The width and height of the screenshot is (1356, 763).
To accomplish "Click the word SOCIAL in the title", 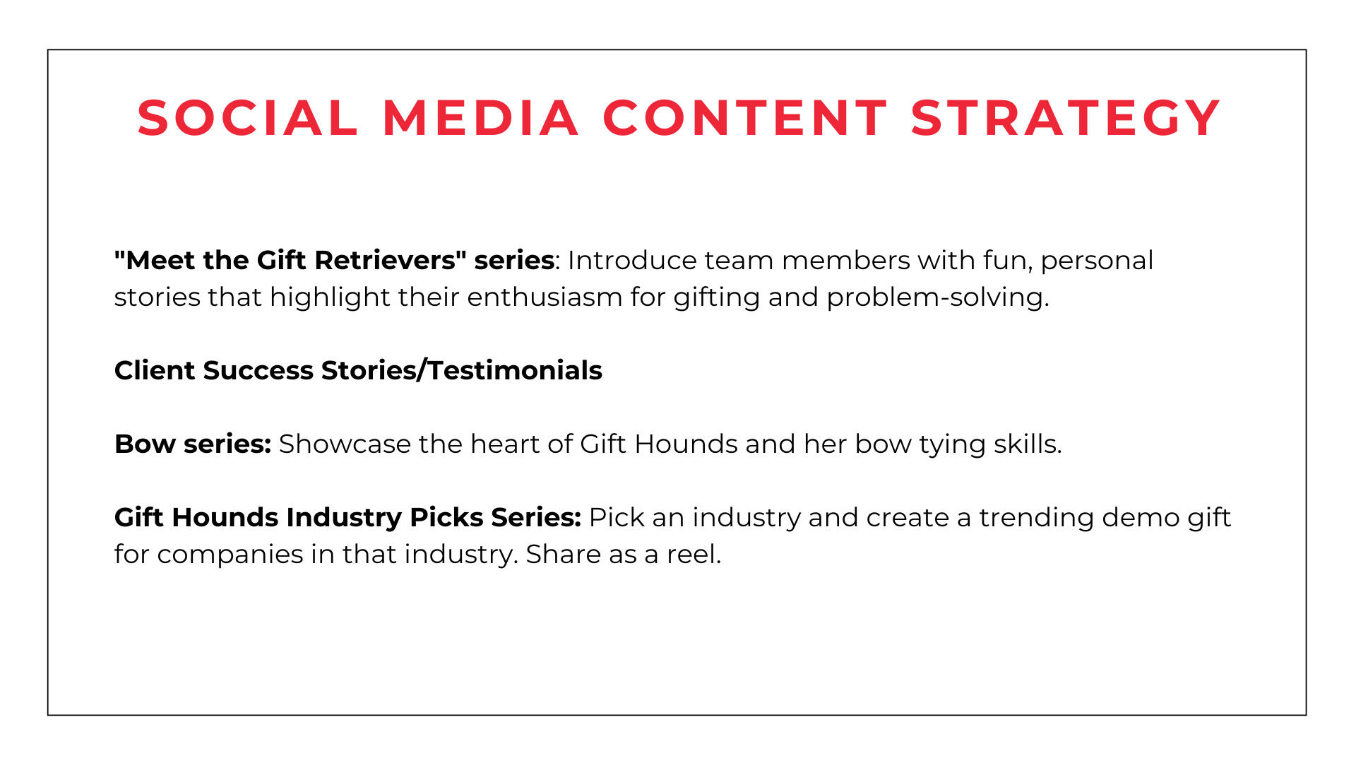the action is (248, 117).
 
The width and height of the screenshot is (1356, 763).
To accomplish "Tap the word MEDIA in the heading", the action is (481, 117).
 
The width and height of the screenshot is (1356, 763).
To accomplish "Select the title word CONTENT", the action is (745, 117).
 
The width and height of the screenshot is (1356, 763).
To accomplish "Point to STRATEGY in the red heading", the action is (1066, 117).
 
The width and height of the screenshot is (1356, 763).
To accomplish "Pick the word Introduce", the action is (632, 260).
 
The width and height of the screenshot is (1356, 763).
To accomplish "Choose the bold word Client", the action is (155, 370).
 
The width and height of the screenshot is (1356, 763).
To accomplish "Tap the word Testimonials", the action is (515, 370).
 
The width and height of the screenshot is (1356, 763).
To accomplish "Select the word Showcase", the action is (345, 444).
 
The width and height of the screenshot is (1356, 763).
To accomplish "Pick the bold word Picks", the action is (447, 517).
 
